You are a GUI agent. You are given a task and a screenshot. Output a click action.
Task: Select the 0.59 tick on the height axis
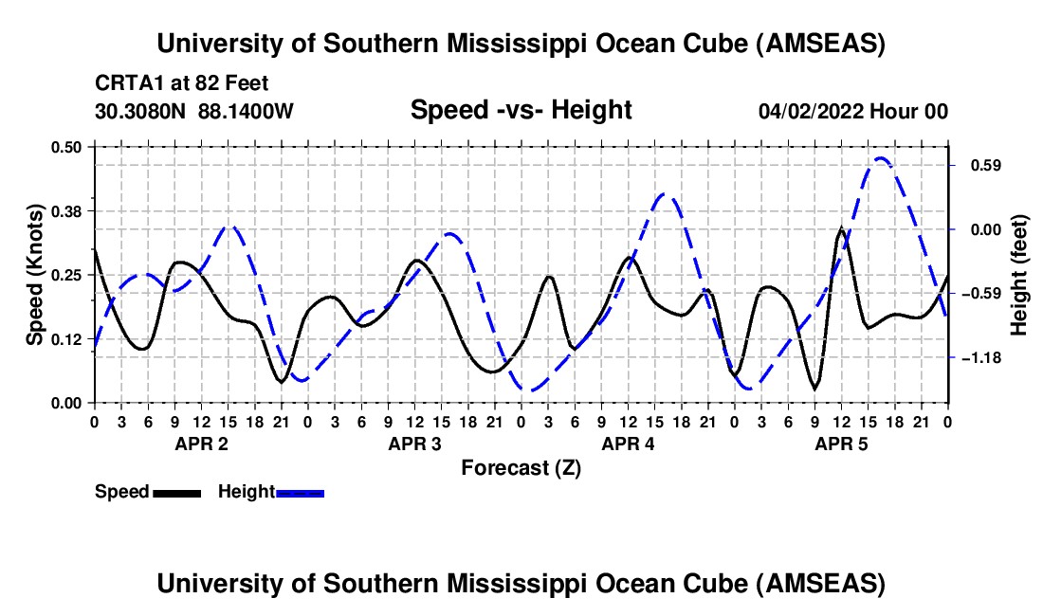pyautogui.click(x=975, y=165)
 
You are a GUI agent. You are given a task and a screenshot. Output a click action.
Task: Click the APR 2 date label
pyautogui.click(x=200, y=444)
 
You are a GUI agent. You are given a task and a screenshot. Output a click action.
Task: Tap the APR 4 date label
pyautogui.click(x=627, y=444)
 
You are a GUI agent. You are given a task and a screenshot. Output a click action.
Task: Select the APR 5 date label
pyautogui.click(x=840, y=444)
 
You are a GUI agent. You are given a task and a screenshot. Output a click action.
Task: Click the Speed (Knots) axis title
pyautogui.click(x=35, y=274)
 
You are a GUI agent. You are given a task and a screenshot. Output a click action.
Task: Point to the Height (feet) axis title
pyautogui.click(x=1019, y=275)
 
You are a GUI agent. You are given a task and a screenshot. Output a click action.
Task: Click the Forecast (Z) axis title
pyautogui.click(x=521, y=467)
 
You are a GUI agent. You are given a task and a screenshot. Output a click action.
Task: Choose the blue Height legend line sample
pyautogui.click(x=300, y=493)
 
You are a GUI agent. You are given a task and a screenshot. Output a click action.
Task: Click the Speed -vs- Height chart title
pyautogui.click(x=521, y=110)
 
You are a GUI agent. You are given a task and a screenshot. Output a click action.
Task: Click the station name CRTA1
pyautogui.click(x=123, y=82)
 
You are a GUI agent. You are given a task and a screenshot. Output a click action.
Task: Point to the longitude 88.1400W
pyautogui.click(x=246, y=111)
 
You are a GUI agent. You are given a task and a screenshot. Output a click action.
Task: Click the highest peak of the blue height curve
pyautogui.click(x=881, y=158)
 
